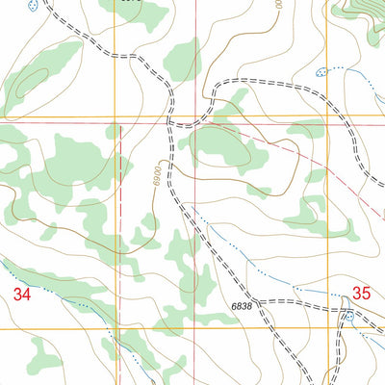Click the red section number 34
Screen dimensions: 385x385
tap(24, 296)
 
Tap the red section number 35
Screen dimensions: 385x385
tap(361, 293)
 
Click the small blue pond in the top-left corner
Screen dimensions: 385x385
tap(34, 7)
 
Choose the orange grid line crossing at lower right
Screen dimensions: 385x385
tap(331, 328)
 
